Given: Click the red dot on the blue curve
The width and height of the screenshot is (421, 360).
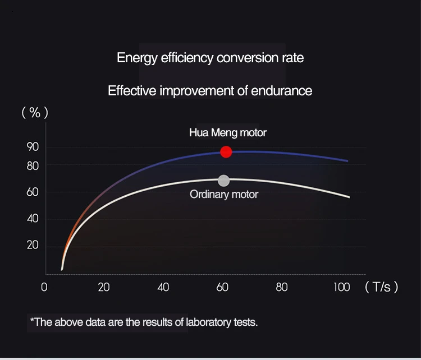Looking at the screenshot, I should [226, 152].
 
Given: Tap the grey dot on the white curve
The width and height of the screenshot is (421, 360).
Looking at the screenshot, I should [223, 181].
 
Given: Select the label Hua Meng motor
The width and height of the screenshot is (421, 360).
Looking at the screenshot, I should [227, 133].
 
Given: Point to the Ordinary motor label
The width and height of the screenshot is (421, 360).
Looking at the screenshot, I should [224, 195].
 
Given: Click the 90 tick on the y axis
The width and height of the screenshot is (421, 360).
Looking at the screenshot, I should [33, 147].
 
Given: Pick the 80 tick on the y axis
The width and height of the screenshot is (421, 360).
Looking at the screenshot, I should [33, 166].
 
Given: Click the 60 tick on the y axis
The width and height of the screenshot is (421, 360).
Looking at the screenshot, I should [33, 192].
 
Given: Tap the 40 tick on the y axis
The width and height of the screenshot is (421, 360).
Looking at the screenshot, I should [33, 219].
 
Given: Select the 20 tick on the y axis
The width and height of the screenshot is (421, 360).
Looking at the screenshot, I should [33, 245].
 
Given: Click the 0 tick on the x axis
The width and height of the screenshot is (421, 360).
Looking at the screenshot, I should [44, 287].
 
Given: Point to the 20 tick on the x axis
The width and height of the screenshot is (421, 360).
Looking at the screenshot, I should [104, 287].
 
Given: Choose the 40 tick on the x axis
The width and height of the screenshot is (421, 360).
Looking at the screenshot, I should [163, 287].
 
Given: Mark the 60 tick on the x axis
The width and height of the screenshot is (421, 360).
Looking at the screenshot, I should [222, 287].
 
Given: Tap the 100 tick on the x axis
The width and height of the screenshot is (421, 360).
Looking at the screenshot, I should [341, 287].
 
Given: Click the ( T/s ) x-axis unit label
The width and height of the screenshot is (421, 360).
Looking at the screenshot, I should [381, 287].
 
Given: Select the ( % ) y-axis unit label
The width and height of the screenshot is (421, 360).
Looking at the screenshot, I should [35, 113].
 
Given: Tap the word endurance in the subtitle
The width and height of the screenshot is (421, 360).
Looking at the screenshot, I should [283, 90].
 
